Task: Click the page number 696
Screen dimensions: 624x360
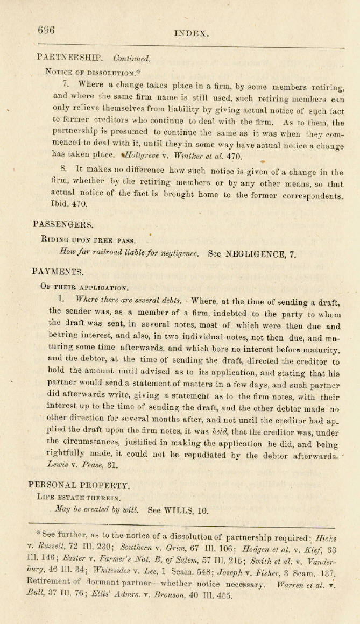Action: click(46, 30)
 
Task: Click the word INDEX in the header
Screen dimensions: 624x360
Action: click(191, 33)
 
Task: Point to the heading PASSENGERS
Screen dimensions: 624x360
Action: click(63, 223)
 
